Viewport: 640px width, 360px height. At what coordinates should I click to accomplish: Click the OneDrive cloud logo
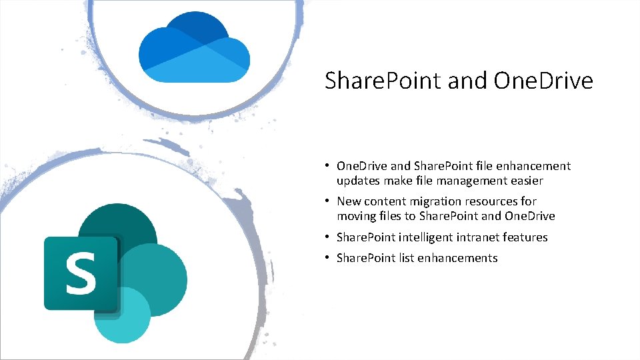(x=194, y=51)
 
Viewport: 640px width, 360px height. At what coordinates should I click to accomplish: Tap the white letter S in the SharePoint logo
(x=81, y=273)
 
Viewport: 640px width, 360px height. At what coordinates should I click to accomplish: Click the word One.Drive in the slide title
(x=543, y=81)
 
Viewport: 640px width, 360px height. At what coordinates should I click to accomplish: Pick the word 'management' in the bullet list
(x=467, y=181)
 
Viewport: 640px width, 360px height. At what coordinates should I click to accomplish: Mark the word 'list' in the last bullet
(x=407, y=258)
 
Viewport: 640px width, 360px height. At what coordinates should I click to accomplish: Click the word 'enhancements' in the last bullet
(x=458, y=258)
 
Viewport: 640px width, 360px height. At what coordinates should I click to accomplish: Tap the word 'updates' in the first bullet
(x=358, y=181)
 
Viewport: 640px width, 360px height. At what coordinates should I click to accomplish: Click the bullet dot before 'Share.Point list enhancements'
(x=328, y=258)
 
